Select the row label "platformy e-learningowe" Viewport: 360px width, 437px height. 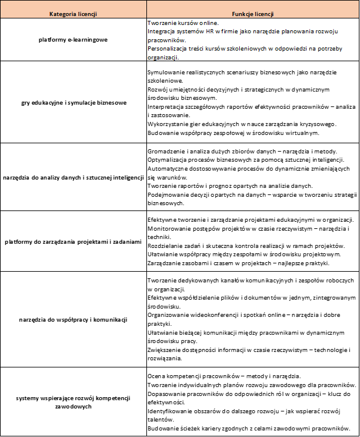(72, 40)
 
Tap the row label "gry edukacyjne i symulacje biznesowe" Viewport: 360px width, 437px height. (72, 102)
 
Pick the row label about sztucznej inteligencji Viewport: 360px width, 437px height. (72, 177)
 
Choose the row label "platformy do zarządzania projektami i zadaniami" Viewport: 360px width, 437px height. (72, 241)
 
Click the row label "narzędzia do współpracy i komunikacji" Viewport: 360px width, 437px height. (72, 319)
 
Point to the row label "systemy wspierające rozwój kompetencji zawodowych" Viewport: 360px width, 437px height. (72, 401)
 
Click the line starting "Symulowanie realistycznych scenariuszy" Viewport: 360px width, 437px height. (250, 72)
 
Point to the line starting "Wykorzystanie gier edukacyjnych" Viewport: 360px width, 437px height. (242, 124)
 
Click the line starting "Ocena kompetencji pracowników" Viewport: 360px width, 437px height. (223, 375)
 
